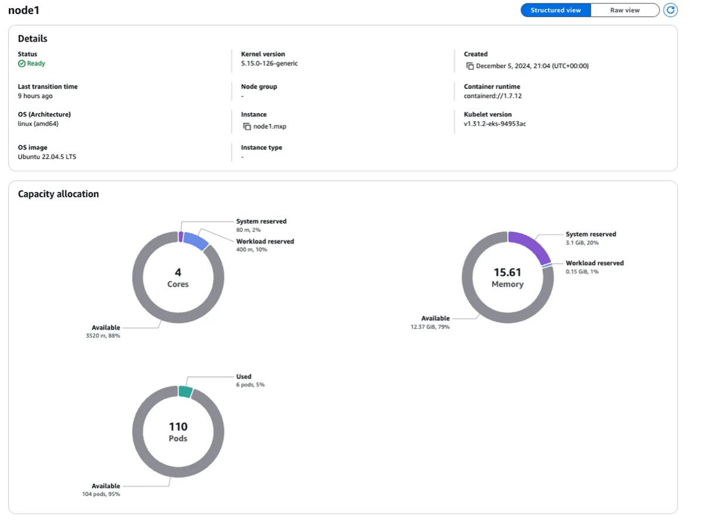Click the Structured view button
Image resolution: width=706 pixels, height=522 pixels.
tap(556, 10)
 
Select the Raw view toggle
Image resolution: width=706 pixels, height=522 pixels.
tap(625, 10)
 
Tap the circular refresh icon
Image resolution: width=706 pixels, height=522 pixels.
tap(670, 10)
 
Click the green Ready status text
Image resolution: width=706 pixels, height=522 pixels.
tap(36, 63)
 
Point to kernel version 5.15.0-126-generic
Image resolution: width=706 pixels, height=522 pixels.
tap(269, 63)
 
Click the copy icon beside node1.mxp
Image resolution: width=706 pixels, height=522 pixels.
tap(247, 126)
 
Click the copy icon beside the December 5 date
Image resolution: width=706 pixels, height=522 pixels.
tap(469, 66)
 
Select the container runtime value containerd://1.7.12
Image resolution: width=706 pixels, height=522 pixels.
tap(493, 96)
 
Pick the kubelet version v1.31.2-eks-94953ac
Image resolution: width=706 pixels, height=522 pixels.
tap(495, 124)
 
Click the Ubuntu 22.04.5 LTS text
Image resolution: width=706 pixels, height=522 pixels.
tap(47, 157)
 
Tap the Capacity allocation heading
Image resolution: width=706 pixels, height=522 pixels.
tap(59, 194)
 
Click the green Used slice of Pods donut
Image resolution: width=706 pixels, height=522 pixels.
tap(186, 392)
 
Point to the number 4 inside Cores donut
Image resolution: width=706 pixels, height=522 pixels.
tap(178, 272)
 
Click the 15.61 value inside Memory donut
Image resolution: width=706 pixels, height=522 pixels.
tap(507, 272)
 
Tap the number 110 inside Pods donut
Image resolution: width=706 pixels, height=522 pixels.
tap(178, 427)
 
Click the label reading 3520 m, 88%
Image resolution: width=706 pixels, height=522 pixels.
tap(103, 336)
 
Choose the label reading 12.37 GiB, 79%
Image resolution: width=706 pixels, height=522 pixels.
tap(430, 327)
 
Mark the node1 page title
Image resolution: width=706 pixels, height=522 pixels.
tap(24, 10)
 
